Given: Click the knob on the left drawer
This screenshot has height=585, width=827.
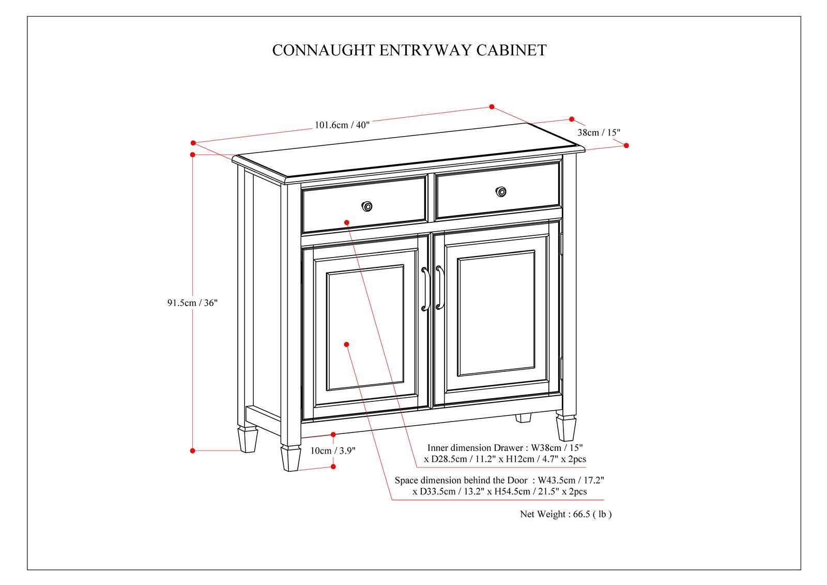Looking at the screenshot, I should pyautogui.click(x=366, y=206).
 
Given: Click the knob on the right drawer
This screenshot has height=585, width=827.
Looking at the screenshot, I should pyautogui.click(x=500, y=192).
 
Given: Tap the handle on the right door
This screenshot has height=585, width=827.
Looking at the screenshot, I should pyautogui.click(x=439, y=288).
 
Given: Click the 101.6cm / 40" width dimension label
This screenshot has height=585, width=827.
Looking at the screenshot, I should pyautogui.click(x=342, y=125).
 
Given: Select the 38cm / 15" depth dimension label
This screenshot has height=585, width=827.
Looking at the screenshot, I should pyautogui.click(x=599, y=132).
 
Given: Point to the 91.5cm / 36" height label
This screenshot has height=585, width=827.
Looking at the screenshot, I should pyautogui.click(x=192, y=303).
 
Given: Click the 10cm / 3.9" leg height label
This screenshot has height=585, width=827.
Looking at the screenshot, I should pyautogui.click(x=333, y=451).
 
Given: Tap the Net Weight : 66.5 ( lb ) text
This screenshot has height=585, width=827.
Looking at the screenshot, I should pyautogui.click(x=565, y=514).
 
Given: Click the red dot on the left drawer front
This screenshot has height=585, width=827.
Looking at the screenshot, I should pyautogui.click(x=347, y=222).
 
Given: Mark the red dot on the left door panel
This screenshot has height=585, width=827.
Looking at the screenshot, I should pyautogui.click(x=347, y=344).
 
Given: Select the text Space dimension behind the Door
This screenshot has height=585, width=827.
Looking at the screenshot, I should pyautogui.click(x=461, y=480).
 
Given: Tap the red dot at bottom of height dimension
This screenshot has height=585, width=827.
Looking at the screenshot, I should pyautogui.click(x=192, y=451).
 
